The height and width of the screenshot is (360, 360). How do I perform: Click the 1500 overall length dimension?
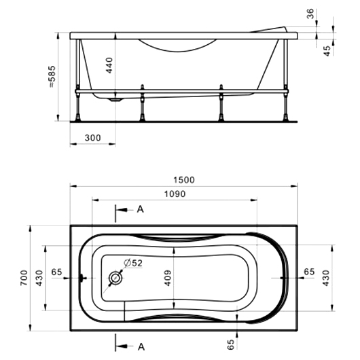point(184,180)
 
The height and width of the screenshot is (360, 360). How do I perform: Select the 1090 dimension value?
point(175,194)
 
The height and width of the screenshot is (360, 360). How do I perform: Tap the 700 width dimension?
point(24,278)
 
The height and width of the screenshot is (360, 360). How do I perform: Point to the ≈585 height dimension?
point(52,77)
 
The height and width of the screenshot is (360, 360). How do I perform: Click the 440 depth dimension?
point(109,65)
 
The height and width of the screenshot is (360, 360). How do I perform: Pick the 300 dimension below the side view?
point(93,138)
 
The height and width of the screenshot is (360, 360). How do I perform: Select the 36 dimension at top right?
point(310,14)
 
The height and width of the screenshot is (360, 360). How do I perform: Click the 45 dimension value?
point(327,51)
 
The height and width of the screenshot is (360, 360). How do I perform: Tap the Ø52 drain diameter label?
point(133,263)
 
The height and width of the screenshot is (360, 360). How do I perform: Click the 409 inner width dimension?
point(168,278)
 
